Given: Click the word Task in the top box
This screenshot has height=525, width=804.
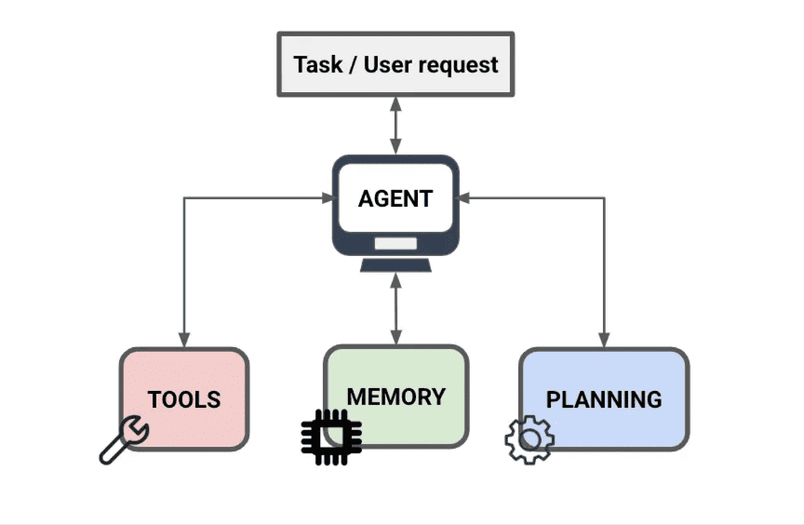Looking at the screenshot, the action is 318,64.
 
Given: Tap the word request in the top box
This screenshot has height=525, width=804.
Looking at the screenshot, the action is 458,66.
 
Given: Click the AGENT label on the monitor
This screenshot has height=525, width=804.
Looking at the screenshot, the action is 395,199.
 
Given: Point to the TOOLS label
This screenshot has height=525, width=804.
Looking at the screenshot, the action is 184,400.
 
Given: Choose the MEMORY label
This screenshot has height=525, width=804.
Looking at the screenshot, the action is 396,397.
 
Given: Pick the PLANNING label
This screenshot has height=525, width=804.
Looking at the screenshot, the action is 604,400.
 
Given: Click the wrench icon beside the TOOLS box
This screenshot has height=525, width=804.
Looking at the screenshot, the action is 124,439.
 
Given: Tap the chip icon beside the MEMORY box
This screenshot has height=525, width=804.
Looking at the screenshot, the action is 331,437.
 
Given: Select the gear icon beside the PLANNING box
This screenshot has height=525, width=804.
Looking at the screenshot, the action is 529,440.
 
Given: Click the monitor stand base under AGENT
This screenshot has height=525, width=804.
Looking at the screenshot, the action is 395,265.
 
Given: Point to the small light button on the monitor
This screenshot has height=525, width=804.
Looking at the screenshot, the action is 395,243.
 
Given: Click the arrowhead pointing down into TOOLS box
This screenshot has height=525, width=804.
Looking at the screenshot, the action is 184,340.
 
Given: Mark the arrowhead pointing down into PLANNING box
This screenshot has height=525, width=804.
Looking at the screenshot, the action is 604,340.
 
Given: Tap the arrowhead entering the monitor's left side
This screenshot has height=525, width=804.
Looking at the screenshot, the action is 328,197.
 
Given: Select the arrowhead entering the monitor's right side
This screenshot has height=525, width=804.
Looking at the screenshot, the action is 462,197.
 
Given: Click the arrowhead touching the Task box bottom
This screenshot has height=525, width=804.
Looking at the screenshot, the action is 395,104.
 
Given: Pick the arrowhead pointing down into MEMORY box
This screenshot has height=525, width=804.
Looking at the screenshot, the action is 395,336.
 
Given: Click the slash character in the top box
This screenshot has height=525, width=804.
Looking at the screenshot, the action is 354,65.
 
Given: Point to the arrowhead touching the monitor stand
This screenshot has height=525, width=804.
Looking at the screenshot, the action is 395,281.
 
